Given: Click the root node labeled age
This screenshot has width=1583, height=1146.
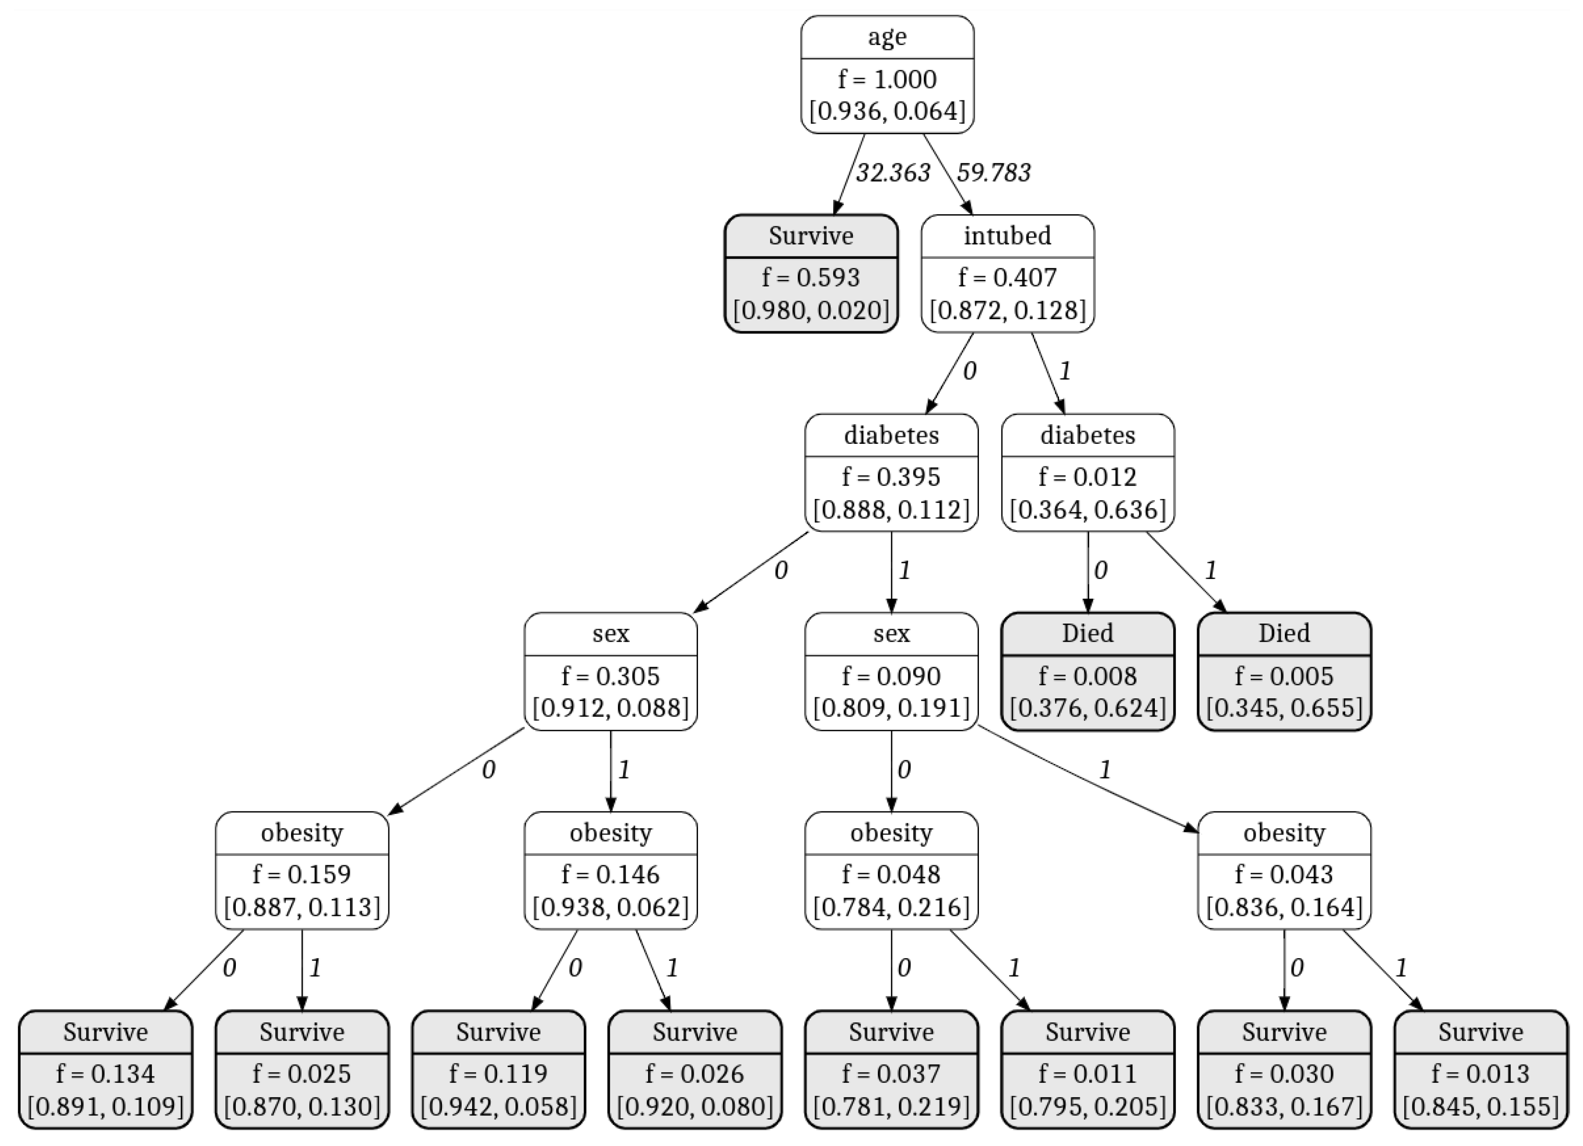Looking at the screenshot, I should (x=887, y=75).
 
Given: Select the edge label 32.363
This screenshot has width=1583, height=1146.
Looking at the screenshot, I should (x=893, y=173).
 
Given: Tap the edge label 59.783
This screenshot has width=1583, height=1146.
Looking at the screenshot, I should (x=993, y=173).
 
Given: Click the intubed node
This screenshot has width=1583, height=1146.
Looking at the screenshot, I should (x=1007, y=274).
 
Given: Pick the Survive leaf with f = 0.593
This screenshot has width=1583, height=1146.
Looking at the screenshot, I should (x=811, y=274).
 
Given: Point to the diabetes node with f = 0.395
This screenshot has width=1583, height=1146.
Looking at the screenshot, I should (x=891, y=473).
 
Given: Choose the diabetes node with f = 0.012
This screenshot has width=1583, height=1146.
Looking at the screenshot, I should (x=1087, y=473).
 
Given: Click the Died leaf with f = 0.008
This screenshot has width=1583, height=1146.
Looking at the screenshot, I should (x=1087, y=671).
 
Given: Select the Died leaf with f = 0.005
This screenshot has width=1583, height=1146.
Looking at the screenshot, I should (x=1284, y=671).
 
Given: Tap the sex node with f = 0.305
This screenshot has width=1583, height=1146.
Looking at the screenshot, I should (x=611, y=671).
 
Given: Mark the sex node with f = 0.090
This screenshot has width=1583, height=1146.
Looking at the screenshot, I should (x=891, y=671).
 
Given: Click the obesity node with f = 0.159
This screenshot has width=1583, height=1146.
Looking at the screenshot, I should (x=302, y=870).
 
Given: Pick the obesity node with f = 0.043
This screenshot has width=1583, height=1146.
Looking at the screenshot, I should (x=1284, y=870).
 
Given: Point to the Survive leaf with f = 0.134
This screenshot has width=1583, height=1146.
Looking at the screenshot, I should (x=105, y=1069).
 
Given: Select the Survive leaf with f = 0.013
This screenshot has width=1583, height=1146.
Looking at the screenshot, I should (x=1480, y=1069).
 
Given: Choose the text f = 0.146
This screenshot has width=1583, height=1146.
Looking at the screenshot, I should (x=611, y=875).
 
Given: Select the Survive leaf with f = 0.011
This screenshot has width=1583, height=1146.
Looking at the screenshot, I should (x=1087, y=1069).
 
